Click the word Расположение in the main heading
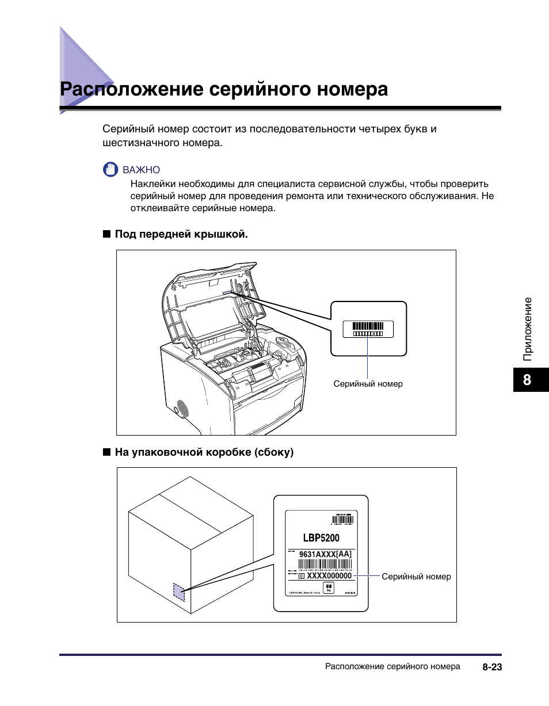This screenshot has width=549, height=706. click(x=131, y=90)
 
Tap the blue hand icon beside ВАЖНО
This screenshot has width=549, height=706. click(x=110, y=170)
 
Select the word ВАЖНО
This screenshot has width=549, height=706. click(x=141, y=170)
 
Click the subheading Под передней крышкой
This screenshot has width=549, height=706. click(x=181, y=234)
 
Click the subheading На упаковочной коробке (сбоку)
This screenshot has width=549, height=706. click(x=204, y=452)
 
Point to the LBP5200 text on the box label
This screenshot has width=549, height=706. click(x=321, y=538)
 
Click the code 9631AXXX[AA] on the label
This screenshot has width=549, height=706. click(x=325, y=554)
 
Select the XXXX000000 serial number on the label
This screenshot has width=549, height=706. click(x=329, y=575)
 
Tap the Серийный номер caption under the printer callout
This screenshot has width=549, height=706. click(x=368, y=384)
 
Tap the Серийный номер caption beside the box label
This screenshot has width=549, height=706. click(x=416, y=577)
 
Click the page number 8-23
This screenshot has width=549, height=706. click(x=493, y=667)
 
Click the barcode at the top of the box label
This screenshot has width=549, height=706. click(x=342, y=520)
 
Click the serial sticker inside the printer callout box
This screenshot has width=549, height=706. click(x=368, y=329)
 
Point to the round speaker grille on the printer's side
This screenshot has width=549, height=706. click(x=182, y=409)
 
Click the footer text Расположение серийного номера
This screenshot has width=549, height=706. click(x=392, y=667)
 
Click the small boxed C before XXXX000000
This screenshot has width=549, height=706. click(x=302, y=575)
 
